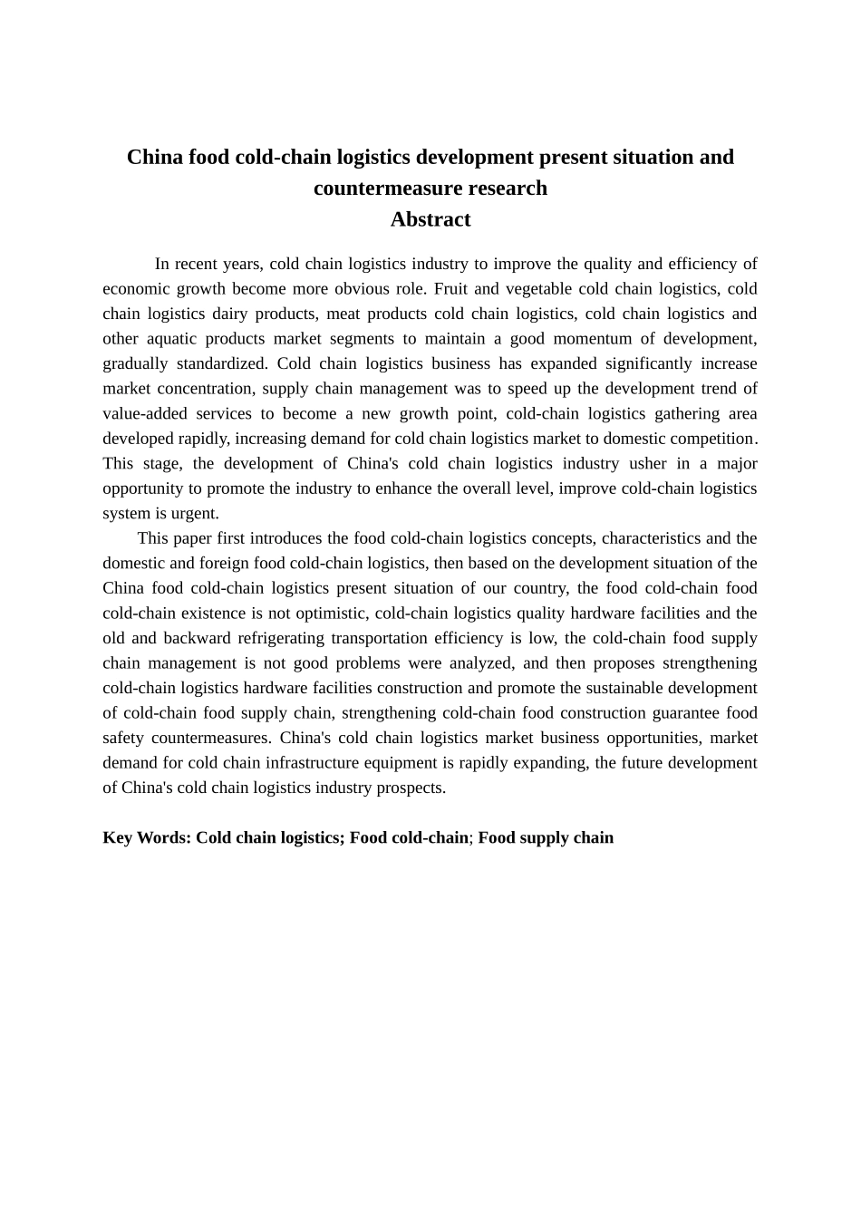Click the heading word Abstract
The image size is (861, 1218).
(430, 219)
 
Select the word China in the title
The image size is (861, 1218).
(154, 158)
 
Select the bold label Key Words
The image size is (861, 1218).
(146, 837)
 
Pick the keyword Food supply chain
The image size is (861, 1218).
(546, 837)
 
